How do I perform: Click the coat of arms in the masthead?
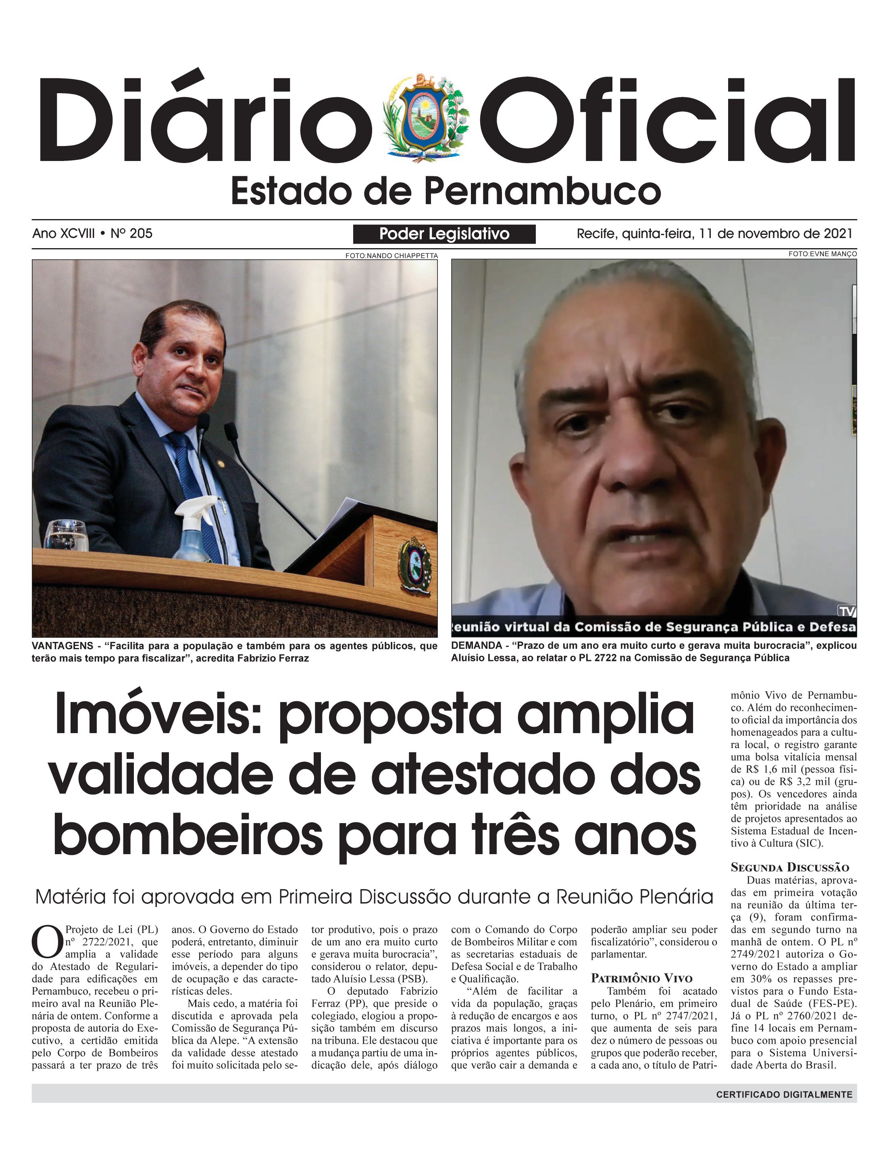coord(426,117)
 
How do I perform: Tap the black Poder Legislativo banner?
coord(444,234)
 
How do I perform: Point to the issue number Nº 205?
coord(131,234)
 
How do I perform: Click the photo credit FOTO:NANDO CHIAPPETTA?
coord(391,256)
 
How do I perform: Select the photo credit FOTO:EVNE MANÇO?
coord(822,254)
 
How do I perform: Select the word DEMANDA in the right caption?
coord(476,646)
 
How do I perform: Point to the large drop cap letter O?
coord(47,943)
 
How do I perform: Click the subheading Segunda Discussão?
coord(789,867)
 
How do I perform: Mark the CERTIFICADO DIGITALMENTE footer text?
coord(784,1094)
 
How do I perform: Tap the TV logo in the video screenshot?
coord(847,612)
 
